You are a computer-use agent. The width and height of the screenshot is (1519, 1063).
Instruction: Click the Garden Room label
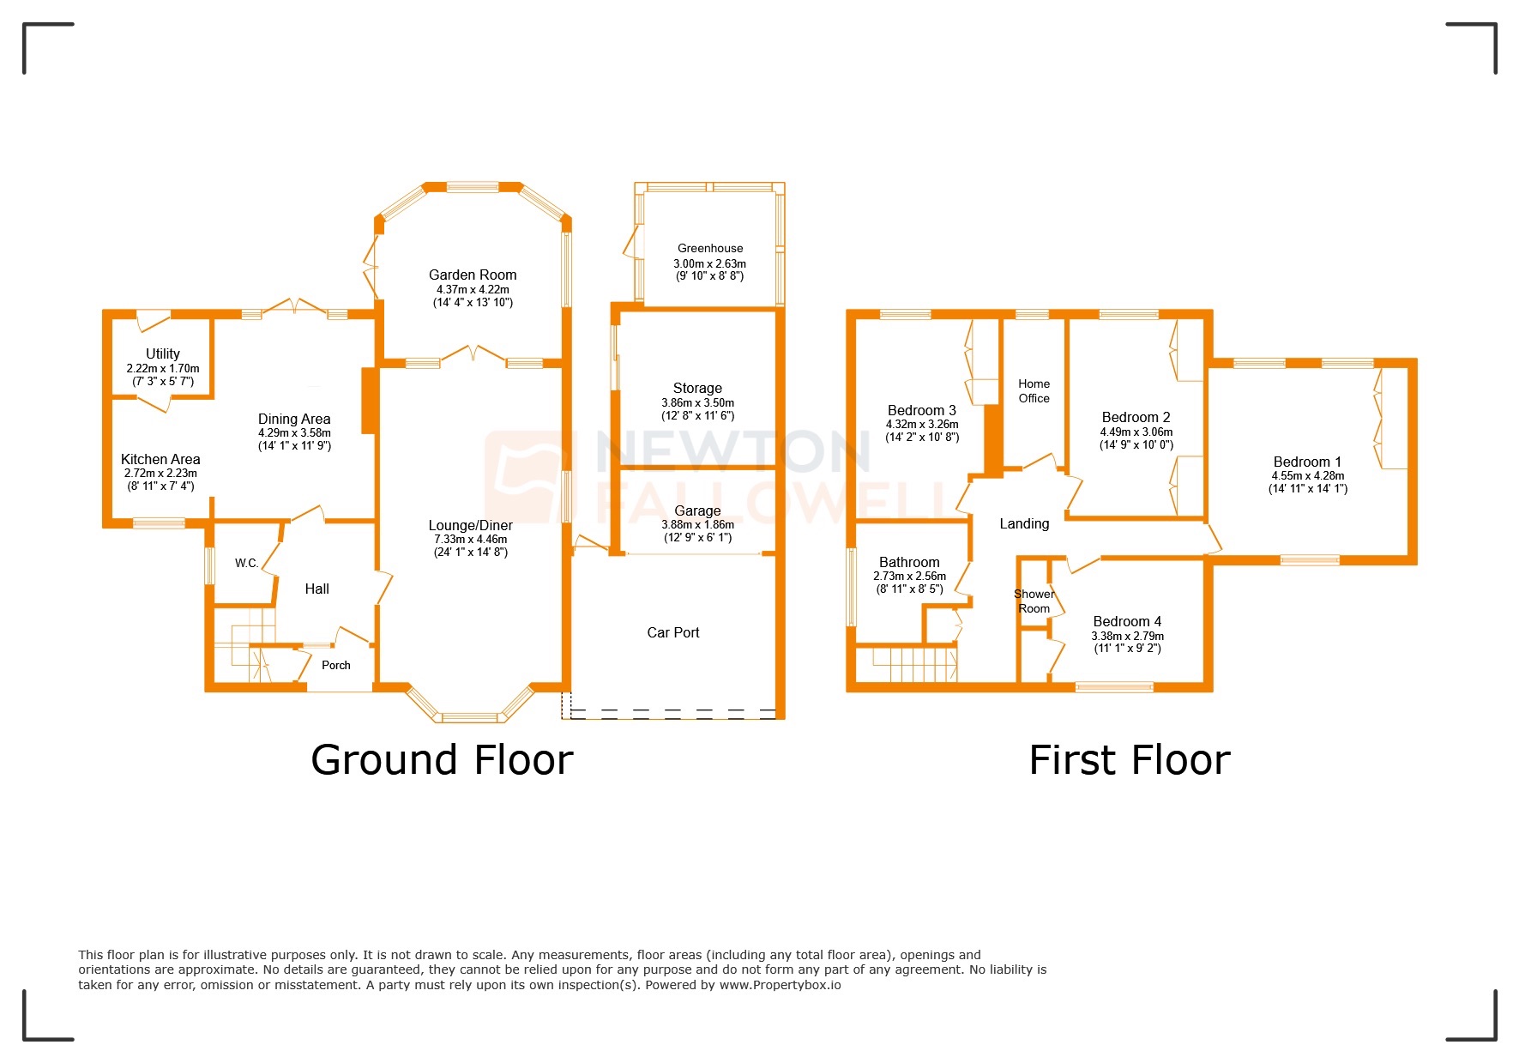(473, 275)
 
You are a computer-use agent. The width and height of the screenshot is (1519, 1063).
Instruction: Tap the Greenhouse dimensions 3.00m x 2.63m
(709, 264)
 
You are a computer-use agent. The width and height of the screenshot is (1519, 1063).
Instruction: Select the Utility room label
(163, 353)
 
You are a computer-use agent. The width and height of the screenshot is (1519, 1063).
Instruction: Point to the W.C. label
(246, 563)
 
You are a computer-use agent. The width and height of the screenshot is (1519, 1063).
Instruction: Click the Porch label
(336, 665)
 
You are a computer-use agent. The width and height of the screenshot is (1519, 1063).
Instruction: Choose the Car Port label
(673, 632)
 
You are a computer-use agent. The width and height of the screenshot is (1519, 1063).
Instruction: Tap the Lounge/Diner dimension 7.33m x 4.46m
(470, 540)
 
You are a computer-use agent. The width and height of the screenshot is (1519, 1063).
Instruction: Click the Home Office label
(1034, 391)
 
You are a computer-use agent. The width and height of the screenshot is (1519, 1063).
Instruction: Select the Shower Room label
(1034, 601)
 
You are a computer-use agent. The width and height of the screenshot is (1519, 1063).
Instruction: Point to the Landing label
(1024, 523)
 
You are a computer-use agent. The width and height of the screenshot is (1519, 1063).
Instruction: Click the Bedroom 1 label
(1307, 462)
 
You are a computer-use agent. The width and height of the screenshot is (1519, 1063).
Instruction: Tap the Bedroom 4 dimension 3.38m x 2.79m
(1127, 636)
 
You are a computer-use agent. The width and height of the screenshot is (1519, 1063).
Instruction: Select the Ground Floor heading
(442, 760)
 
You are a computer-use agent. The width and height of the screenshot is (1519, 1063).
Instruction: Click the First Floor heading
(1129, 760)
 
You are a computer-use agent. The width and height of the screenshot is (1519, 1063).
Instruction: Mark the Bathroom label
(909, 562)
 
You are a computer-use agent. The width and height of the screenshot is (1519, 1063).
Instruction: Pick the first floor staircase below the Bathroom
(914, 665)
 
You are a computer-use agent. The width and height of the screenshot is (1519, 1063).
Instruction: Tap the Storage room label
(697, 388)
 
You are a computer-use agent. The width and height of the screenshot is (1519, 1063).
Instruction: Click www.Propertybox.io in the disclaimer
(780, 985)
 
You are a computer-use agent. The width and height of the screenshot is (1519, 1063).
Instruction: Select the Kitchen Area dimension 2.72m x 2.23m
(160, 474)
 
